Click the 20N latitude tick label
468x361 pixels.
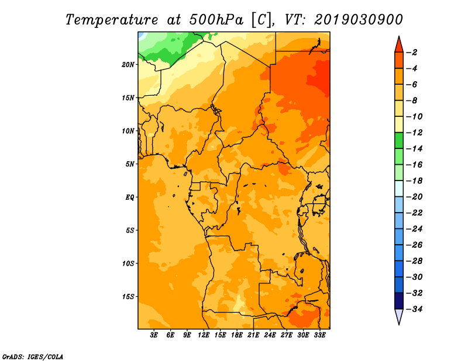[x=128, y=65]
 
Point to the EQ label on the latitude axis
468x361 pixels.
[x=129, y=197]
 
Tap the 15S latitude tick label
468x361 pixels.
[x=128, y=297]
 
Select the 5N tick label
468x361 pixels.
[x=130, y=164]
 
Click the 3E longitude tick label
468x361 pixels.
[x=154, y=335]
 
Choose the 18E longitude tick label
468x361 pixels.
[x=237, y=335]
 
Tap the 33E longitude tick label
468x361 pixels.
[x=319, y=335]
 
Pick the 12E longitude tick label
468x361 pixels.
[x=204, y=335]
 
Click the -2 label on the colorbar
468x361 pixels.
[x=412, y=53]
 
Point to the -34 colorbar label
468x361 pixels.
[x=414, y=309]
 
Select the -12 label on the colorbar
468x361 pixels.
[x=414, y=133]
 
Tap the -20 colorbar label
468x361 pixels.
[x=414, y=197]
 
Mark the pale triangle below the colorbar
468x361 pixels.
[x=399, y=316]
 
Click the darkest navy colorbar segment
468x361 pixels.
[x=399, y=301]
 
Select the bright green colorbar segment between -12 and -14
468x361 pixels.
[x=399, y=141]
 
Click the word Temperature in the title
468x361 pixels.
[x=112, y=20]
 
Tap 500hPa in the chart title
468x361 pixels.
[x=216, y=20]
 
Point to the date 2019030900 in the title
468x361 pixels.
[x=359, y=20]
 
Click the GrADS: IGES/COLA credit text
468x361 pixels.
[x=33, y=357]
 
